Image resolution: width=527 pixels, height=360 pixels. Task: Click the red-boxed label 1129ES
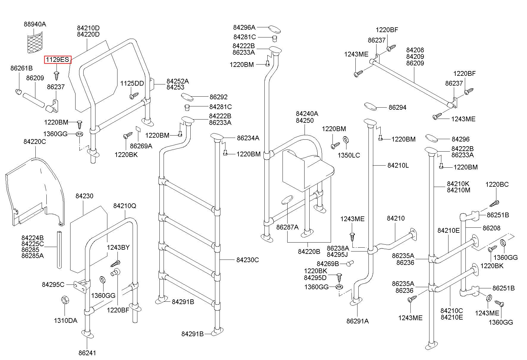pyautogui.click(x=58, y=60)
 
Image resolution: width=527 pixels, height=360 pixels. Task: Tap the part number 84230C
pyautogui.click(x=247, y=260)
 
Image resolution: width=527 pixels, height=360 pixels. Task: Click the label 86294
pyautogui.click(x=397, y=107)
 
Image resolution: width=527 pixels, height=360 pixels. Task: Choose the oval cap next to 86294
pyautogui.click(x=371, y=106)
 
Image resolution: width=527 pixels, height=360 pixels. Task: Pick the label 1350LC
pyautogui.click(x=349, y=155)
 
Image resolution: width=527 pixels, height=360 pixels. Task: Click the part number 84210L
pyautogui.click(x=398, y=166)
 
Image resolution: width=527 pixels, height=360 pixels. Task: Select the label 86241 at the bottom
pyautogui.click(x=87, y=353)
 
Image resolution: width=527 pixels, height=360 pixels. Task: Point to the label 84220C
pyautogui.click(x=35, y=142)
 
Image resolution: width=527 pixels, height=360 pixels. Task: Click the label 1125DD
pyautogui.click(x=132, y=83)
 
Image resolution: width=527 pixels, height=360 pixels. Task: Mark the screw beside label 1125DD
pyautogui.click(x=134, y=96)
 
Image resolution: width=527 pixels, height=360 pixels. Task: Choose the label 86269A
pyautogui.click(x=141, y=146)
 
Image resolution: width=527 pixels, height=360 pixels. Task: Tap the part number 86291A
pyautogui.click(x=357, y=321)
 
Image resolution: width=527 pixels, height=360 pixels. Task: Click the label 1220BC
pyautogui.click(x=497, y=184)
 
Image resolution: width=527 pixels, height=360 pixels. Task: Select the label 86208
pyautogui.click(x=491, y=228)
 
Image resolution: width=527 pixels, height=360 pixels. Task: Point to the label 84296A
pyautogui.click(x=244, y=27)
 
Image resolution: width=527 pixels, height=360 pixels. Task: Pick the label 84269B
pyautogui.click(x=328, y=264)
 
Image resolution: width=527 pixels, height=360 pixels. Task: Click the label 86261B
pyautogui.click(x=21, y=68)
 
